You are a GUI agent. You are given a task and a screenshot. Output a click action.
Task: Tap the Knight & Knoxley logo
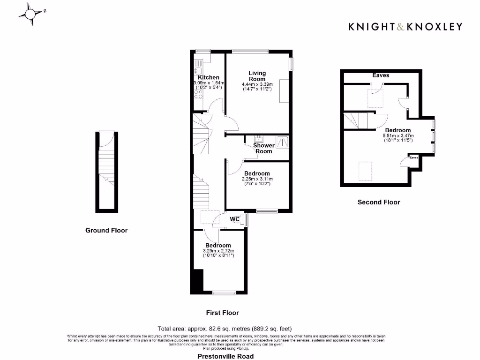(405, 27)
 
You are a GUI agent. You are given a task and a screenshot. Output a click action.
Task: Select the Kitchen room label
(208, 77)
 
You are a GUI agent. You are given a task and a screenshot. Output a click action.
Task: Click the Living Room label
(257, 76)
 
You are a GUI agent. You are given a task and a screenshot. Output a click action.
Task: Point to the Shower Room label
(264, 148)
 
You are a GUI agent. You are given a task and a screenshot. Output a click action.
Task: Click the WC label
(235, 219)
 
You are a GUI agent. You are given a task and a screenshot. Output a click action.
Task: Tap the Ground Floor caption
(106, 230)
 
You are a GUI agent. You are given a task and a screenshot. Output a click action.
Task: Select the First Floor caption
(222, 313)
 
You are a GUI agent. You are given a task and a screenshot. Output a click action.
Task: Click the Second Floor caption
(379, 202)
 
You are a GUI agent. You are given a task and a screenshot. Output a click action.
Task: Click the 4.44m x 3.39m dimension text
(257, 84)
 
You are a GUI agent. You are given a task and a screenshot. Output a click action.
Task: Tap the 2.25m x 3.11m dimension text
(257, 179)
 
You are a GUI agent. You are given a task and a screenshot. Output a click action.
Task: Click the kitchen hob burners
(198, 94)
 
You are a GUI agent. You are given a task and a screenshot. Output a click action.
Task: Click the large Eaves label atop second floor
(381, 75)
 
